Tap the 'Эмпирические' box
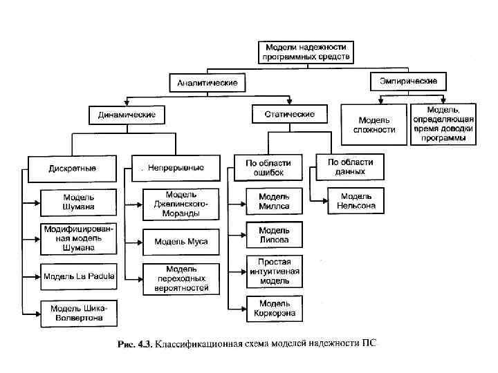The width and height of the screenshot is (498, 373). pyautogui.click(x=408, y=82)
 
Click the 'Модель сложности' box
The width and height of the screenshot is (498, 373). pyautogui.click(x=374, y=124)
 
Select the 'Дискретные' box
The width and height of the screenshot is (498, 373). pyautogui.click(x=73, y=168)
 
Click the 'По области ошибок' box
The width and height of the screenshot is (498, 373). pyautogui.click(x=268, y=168)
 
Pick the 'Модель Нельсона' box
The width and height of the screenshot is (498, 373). pyautogui.click(x=356, y=201)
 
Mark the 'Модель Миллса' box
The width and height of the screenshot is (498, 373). pyautogui.click(x=274, y=201)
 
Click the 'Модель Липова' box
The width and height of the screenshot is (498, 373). pyautogui.click(x=274, y=235)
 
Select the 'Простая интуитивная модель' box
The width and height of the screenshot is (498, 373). pyautogui.click(x=274, y=271)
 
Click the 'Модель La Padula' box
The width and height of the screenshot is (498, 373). pyautogui.click(x=79, y=276)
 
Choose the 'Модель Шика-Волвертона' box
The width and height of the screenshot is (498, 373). pyautogui.click(x=79, y=312)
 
